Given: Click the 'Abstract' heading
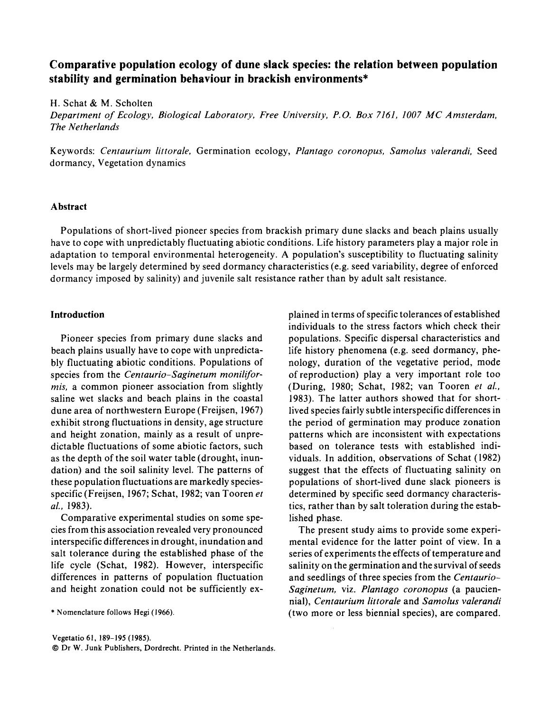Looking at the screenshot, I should click(x=69, y=206).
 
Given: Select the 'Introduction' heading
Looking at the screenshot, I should click(x=77, y=315).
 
